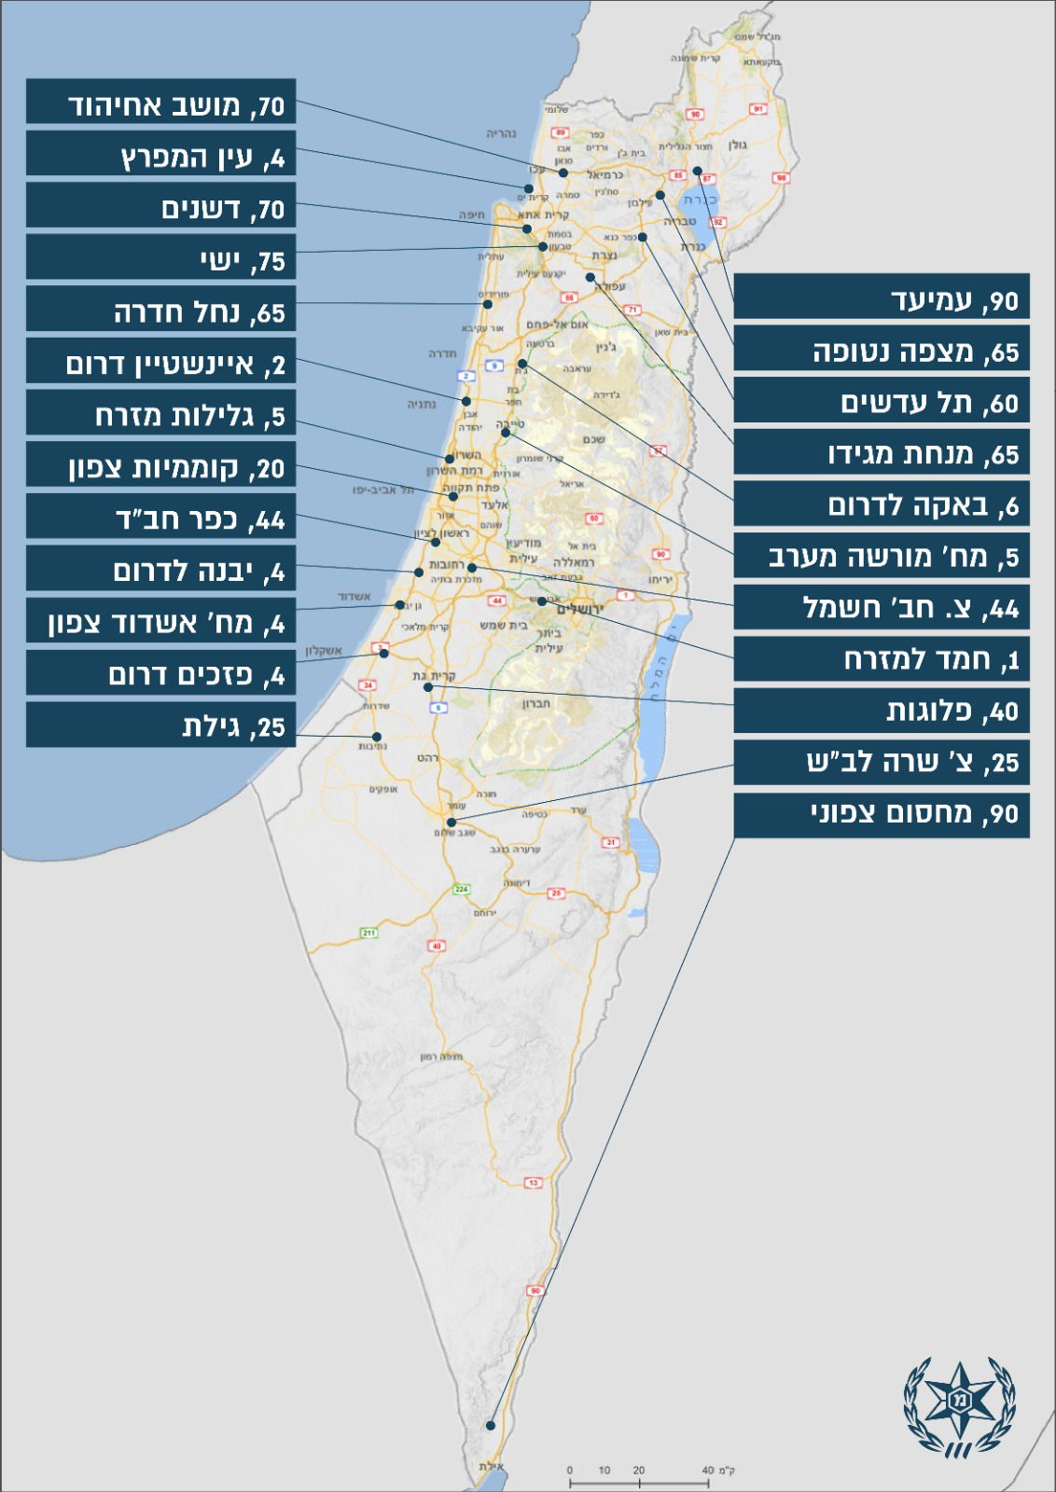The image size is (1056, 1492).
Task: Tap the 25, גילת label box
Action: [160, 725]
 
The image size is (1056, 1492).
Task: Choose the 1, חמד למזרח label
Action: [882, 658]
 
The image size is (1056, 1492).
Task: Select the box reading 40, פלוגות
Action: [882, 710]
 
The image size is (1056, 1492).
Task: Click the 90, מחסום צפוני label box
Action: [882, 814]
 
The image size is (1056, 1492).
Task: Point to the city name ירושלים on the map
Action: [580, 609]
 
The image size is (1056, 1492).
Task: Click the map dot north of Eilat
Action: [491, 1426]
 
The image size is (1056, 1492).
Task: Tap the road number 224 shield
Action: [461, 889]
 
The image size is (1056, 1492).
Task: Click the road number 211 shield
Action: [368, 932]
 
